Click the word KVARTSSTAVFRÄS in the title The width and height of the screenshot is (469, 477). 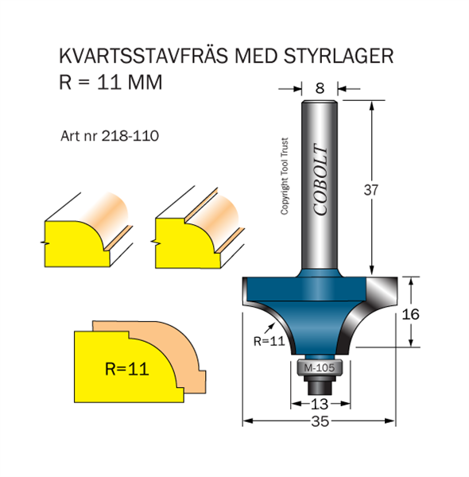click(143, 55)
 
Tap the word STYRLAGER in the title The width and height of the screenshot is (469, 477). click(339, 56)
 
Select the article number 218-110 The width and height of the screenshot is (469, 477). click(130, 136)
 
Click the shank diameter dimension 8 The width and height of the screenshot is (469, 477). click(320, 88)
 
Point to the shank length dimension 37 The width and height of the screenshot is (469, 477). click(370, 190)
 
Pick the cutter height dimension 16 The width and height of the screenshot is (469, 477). click(410, 314)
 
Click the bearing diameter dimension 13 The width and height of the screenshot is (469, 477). click(320, 405)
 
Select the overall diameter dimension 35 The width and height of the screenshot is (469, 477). click(320, 421)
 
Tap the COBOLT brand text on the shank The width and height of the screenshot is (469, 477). click(321, 180)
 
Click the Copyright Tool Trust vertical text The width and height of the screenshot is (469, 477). click(284, 176)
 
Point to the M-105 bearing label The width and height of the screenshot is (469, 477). click(320, 368)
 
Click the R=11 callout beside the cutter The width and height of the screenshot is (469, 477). click(269, 341)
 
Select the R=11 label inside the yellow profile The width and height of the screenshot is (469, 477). click(127, 369)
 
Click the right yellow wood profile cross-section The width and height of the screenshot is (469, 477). click(187, 243)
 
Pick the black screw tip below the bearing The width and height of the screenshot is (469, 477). click(320, 387)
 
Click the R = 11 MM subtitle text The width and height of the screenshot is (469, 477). click(110, 82)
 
